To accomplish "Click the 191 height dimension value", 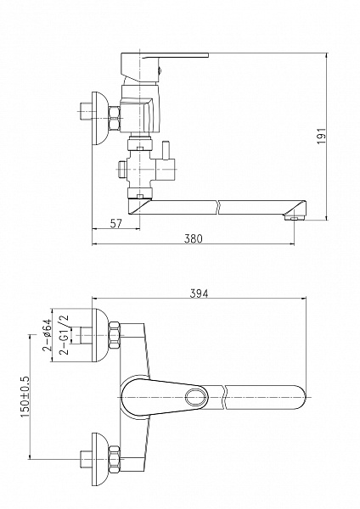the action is pos(321,136).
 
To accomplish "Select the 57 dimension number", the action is pos(116,223).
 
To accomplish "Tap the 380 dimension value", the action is pos(194,238).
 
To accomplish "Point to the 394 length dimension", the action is pos(199,294).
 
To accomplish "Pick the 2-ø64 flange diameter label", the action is pos(47,335).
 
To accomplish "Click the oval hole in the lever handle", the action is pos(197,397).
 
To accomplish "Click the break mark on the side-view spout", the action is pos(217,208).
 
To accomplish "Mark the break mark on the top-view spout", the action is pos(224,397).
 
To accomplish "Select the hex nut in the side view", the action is pos(115,119).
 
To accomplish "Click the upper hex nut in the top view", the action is pos(115,335).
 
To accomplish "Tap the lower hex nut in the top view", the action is pos(115,459).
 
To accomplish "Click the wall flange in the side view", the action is pos(98,119).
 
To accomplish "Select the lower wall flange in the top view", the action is pos(98,459).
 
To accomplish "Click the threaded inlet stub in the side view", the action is pos(85,111).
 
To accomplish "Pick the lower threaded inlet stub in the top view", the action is pos(86,459).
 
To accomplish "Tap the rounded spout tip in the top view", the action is pos(301,397).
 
